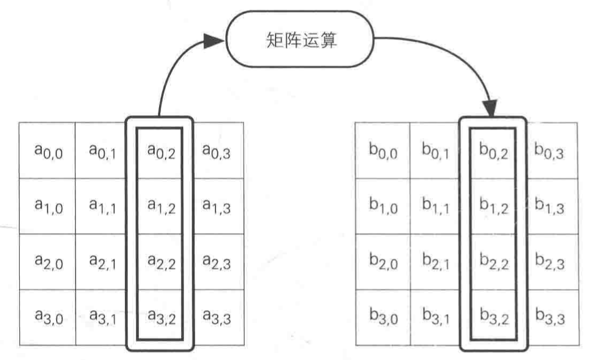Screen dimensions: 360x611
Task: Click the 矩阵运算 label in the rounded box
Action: (x=301, y=41)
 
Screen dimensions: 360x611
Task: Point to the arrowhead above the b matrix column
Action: (x=491, y=109)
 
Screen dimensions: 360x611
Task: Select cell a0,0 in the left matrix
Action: (x=47, y=150)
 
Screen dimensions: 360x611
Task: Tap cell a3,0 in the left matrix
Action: (x=47, y=317)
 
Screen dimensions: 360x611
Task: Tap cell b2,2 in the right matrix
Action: (x=493, y=262)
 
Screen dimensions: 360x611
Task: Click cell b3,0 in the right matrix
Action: (x=382, y=317)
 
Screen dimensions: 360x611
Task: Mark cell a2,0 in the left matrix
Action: (x=47, y=262)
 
